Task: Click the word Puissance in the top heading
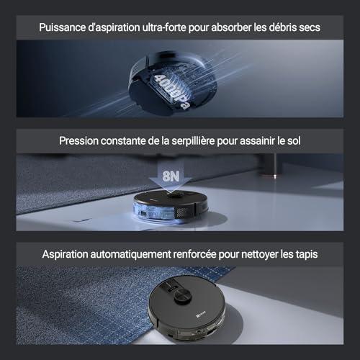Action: [63, 27]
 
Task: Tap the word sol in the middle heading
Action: [294, 141]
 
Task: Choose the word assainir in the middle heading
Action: [257, 141]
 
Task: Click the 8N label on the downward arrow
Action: [171, 176]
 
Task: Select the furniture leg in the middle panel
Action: [269, 165]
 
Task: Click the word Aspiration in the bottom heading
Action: [65, 254]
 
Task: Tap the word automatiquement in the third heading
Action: [130, 254]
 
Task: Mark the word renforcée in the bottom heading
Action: [194, 254]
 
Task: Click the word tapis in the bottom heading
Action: [307, 254]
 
